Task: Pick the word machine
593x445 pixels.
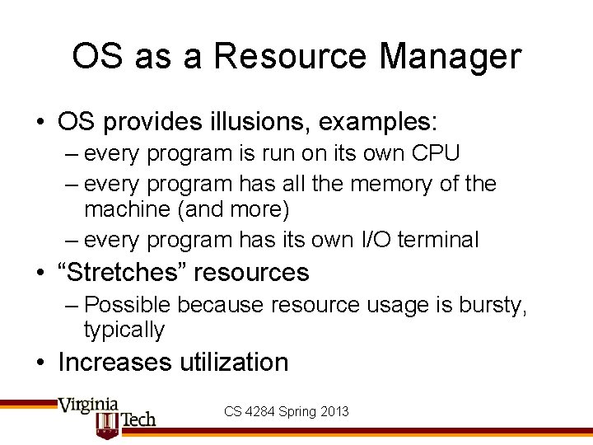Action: (x=126, y=210)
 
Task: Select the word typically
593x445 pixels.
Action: (x=124, y=330)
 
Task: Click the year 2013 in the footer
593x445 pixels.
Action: (x=334, y=411)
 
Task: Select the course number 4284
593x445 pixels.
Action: (x=262, y=411)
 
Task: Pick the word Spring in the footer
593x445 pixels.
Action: (x=298, y=411)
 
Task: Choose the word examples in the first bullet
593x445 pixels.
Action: (x=378, y=123)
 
